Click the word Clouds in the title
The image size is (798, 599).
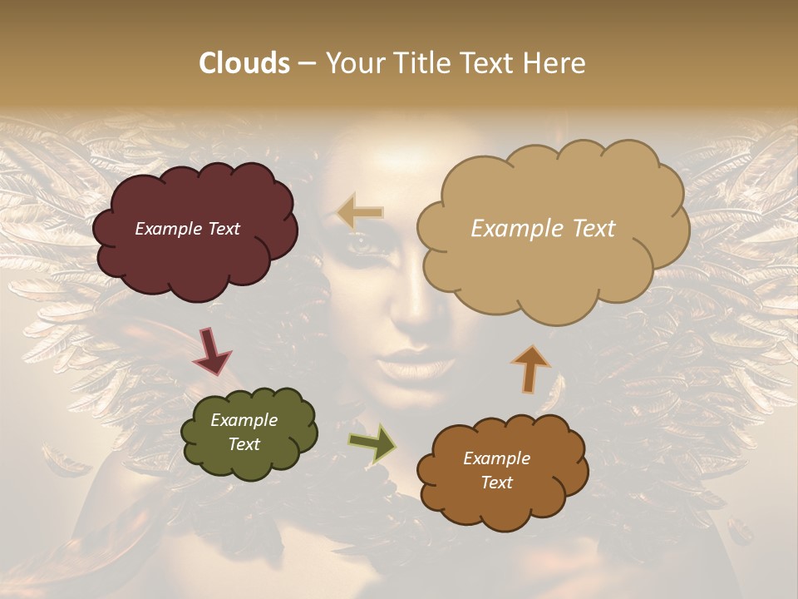click(x=244, y=63)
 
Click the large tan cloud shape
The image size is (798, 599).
click(x=552, y=266)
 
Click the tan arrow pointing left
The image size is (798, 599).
click(x=361, y=212)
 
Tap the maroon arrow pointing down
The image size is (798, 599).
click(x=212, y=351)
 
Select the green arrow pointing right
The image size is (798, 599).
click(x=372, y=443)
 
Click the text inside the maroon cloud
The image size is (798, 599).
click(x=187, y=229)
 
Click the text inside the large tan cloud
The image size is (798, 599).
click(x=543, y=229)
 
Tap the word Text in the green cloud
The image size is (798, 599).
click(x=244, y=444)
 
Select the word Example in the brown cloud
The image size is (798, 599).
click(x=496, y=458)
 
